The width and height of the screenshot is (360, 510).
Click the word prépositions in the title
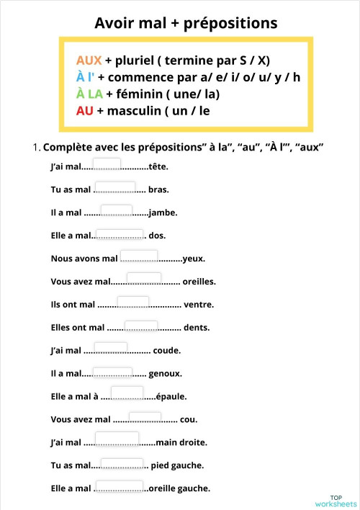coord(230,24)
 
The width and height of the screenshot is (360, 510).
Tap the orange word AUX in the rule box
coord(89,60)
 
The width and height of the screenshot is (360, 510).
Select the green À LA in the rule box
coord(89,94)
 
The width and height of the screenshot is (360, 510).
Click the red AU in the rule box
coord(84,111)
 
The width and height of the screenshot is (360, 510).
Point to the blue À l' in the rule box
coord(85,77)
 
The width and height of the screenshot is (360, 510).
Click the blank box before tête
coord(107,164)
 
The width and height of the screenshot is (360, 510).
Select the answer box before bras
coord(117,187)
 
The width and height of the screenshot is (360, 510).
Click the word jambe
coord(163,213)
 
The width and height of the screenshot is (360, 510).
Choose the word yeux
coord(194,259)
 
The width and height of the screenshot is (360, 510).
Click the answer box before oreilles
coord(144,278)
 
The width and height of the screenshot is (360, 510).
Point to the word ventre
coord(199,305)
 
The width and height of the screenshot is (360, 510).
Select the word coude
coord(167,351)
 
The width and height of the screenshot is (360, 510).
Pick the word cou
coord(189,419)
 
